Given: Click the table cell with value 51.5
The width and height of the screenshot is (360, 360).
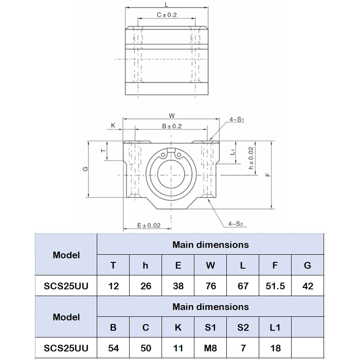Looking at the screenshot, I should click(x=275, y=286).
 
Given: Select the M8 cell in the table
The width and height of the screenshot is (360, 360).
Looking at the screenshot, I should click(x=210, y=348).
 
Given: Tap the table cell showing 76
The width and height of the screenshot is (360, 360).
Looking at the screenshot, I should click(x=210, y=286).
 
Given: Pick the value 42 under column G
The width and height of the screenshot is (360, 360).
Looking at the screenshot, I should click(x=307, y=286).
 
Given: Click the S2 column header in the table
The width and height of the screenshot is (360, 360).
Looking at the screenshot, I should click(x=243, y=327).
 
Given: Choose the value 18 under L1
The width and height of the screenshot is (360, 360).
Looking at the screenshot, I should click(x=275, y=348).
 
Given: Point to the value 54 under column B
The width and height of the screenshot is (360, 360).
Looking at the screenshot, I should click(x=113, y=348).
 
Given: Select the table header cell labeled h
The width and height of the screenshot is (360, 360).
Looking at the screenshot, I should click(x=145, y=265).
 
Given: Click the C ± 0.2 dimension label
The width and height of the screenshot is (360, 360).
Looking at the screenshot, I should click(x=166, y=15).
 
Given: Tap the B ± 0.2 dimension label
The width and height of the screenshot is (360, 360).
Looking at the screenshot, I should click(x=171, y=126).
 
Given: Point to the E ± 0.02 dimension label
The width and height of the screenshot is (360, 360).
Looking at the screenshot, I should click(x=148, y=225).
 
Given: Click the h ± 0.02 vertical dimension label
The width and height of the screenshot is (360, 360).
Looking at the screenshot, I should click(x=251, y=159).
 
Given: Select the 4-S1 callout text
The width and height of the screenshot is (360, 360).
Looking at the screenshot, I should click(x=236, y=120).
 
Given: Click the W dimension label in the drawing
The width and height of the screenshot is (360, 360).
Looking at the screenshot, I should click(x=171, y=115).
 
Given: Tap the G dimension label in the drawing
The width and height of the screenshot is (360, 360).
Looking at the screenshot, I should click(x=85, y=169).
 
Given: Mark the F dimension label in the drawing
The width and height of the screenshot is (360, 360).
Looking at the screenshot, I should click(x=267, y=174).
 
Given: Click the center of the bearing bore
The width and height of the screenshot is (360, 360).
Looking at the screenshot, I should click(x=171, y=174).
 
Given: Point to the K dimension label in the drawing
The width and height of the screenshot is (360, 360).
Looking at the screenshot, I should click(x=113, y=126).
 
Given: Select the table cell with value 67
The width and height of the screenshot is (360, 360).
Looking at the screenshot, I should click(x=243, y=286).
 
